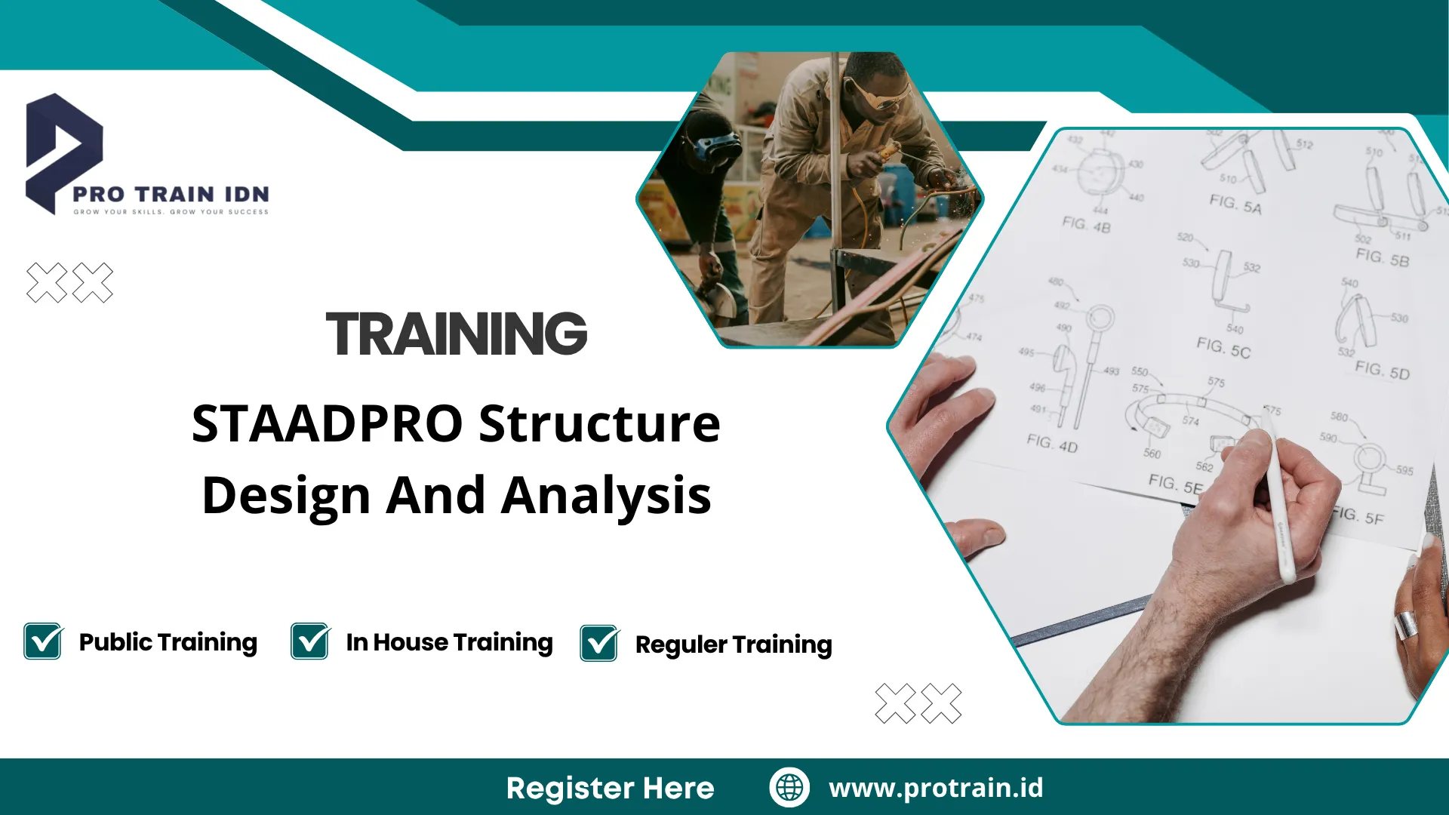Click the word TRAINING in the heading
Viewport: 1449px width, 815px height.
(x=456, y=334)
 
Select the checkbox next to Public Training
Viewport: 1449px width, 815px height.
(x=43, y=641)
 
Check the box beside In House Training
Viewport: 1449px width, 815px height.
(x=309, y=641)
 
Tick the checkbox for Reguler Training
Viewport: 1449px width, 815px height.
(x=599, y=644)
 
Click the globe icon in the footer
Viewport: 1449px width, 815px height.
(x=789, y=787)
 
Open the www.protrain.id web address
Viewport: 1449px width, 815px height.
(x=936, y=787)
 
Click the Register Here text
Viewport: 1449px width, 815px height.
(x=610, y=788)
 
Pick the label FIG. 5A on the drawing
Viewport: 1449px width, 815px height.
(x=1235, y=204)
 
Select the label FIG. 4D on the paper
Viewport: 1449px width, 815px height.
(x=1052, y=443)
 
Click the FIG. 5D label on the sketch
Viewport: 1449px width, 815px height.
(x=1382, y=370)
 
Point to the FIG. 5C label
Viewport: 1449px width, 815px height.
(x=1223, y=348)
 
